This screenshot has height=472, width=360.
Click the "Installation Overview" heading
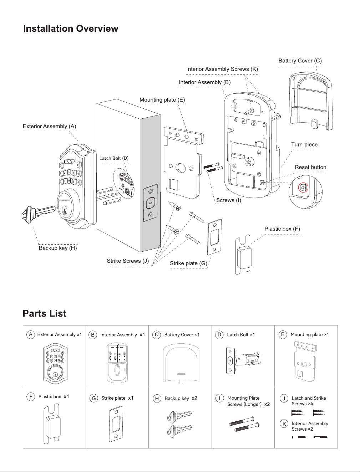click(x=71, y=29)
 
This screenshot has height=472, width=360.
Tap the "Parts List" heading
click(x=45, y=313)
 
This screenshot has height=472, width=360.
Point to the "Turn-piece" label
click(x=304, y=144)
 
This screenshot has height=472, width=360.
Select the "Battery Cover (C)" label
click(x=300, y=61)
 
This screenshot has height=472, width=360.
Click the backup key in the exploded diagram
click(x=39, y=214)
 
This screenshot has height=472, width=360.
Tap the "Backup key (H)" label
click(x=58, y=248)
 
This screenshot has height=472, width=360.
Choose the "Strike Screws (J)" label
click(x=128, y=261)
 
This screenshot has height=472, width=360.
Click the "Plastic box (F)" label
click(x=282, y=229)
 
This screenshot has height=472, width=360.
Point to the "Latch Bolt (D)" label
click(x=114, y=158)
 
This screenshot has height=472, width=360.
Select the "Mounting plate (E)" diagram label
click(x=162, y=100)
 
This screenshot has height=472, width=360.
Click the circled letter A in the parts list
click(x=31, y=335)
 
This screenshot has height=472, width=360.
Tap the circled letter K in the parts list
click(x=284, y=424)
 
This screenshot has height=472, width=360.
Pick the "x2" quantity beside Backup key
click(x=194, y=398)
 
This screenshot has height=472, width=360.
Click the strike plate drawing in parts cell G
click(x=116, y=424)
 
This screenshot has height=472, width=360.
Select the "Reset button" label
click(x=310, y=167)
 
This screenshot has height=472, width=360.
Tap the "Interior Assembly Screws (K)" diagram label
click(x=222, y=69)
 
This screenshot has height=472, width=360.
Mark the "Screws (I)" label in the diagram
click(x=229, y=200)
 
